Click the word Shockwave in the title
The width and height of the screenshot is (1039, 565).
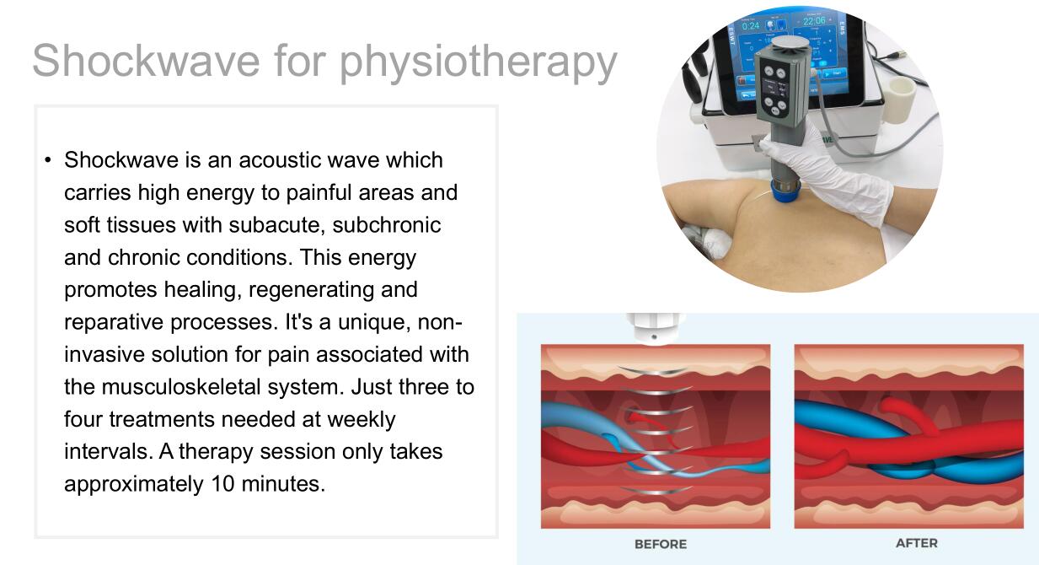[x=146, y=61]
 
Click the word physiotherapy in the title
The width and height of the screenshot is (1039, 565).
[x=479, y=63]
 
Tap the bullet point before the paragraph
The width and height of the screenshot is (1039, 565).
[x=48, y=160]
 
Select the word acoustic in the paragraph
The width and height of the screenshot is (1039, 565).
[x=280, y=160]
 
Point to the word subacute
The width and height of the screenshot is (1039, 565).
[x=276, y=225]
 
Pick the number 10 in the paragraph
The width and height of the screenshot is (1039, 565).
[x=222, y=484]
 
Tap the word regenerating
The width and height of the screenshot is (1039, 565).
[x=311, y=291]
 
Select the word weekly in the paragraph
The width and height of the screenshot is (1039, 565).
[x=362, y=420]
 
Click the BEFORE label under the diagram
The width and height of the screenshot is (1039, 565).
[x=661, y=544]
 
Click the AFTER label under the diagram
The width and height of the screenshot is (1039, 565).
[x=917, y=543]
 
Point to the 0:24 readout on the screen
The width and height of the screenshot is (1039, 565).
[x=751, y=26]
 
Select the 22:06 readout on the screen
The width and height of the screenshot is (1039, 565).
[x=814, y=21]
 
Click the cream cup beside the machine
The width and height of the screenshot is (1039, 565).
[x=899, y=100]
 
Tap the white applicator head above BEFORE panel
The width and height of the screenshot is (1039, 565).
[x=654, y=329]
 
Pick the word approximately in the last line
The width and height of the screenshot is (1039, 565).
[x=134, y=485]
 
